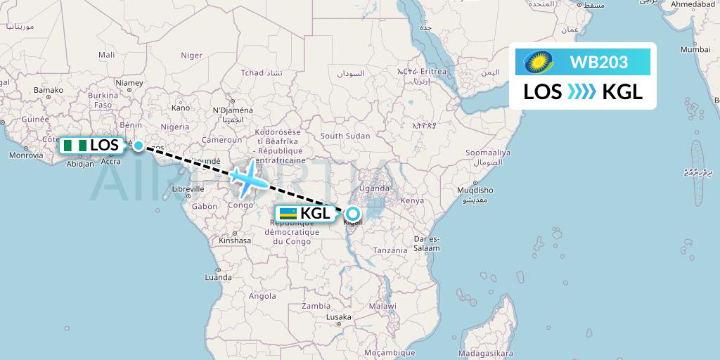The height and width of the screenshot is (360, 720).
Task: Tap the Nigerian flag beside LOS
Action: point(75,146)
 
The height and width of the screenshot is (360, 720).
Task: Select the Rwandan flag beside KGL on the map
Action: point(288,214)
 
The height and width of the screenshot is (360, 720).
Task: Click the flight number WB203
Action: point(599,62)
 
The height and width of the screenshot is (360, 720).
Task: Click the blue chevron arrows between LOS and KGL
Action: point(581,92)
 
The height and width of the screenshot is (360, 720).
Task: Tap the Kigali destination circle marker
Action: point(353,214)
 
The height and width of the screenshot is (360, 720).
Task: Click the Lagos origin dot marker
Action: point(139,146)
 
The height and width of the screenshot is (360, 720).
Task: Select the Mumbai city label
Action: point(695,50)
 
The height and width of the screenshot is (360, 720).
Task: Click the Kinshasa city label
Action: point(234,240)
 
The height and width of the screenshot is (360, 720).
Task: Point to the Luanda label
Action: point(217,277)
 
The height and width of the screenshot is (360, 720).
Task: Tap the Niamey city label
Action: point(130,82)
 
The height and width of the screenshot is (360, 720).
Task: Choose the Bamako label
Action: point(49,90)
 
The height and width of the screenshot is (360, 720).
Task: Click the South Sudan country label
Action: point(345,136)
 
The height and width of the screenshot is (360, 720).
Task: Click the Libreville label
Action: point(188,188)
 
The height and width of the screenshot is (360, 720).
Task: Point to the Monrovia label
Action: point(26,155)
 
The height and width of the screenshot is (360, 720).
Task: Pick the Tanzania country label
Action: point(390,250)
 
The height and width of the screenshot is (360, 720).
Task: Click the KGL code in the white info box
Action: point(622,92)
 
